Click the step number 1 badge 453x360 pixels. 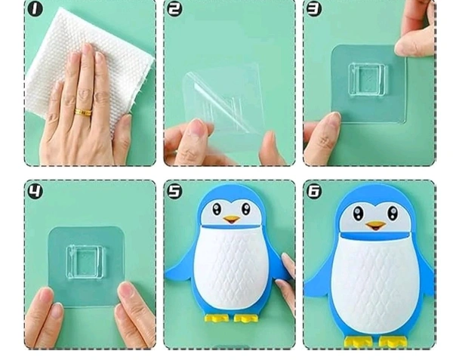[35, 9]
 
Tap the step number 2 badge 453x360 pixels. [175, 9]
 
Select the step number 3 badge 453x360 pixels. [314, 9]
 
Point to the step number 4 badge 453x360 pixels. [35, 191]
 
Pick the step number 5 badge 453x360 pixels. [175, 191]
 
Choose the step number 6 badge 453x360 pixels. [314, 191]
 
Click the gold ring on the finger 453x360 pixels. [83, 112]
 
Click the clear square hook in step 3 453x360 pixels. [368, 79]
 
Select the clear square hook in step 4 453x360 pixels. [85, 262]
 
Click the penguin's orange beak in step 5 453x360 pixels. [232, 220]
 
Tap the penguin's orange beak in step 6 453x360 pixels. [375, 226]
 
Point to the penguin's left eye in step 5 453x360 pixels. [217, 209]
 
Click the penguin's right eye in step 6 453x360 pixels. [393, 213]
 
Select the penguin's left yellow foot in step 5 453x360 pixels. [217, 318]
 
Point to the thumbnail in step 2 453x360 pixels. [196, 128]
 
